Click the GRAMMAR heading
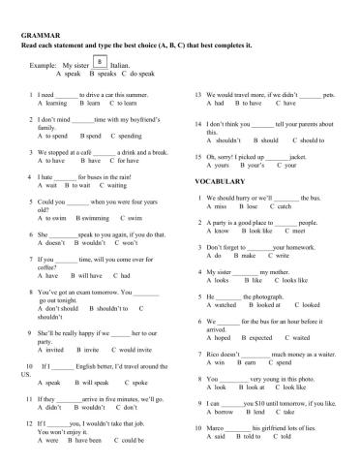pos(36,34)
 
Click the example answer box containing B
pos(101,61)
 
